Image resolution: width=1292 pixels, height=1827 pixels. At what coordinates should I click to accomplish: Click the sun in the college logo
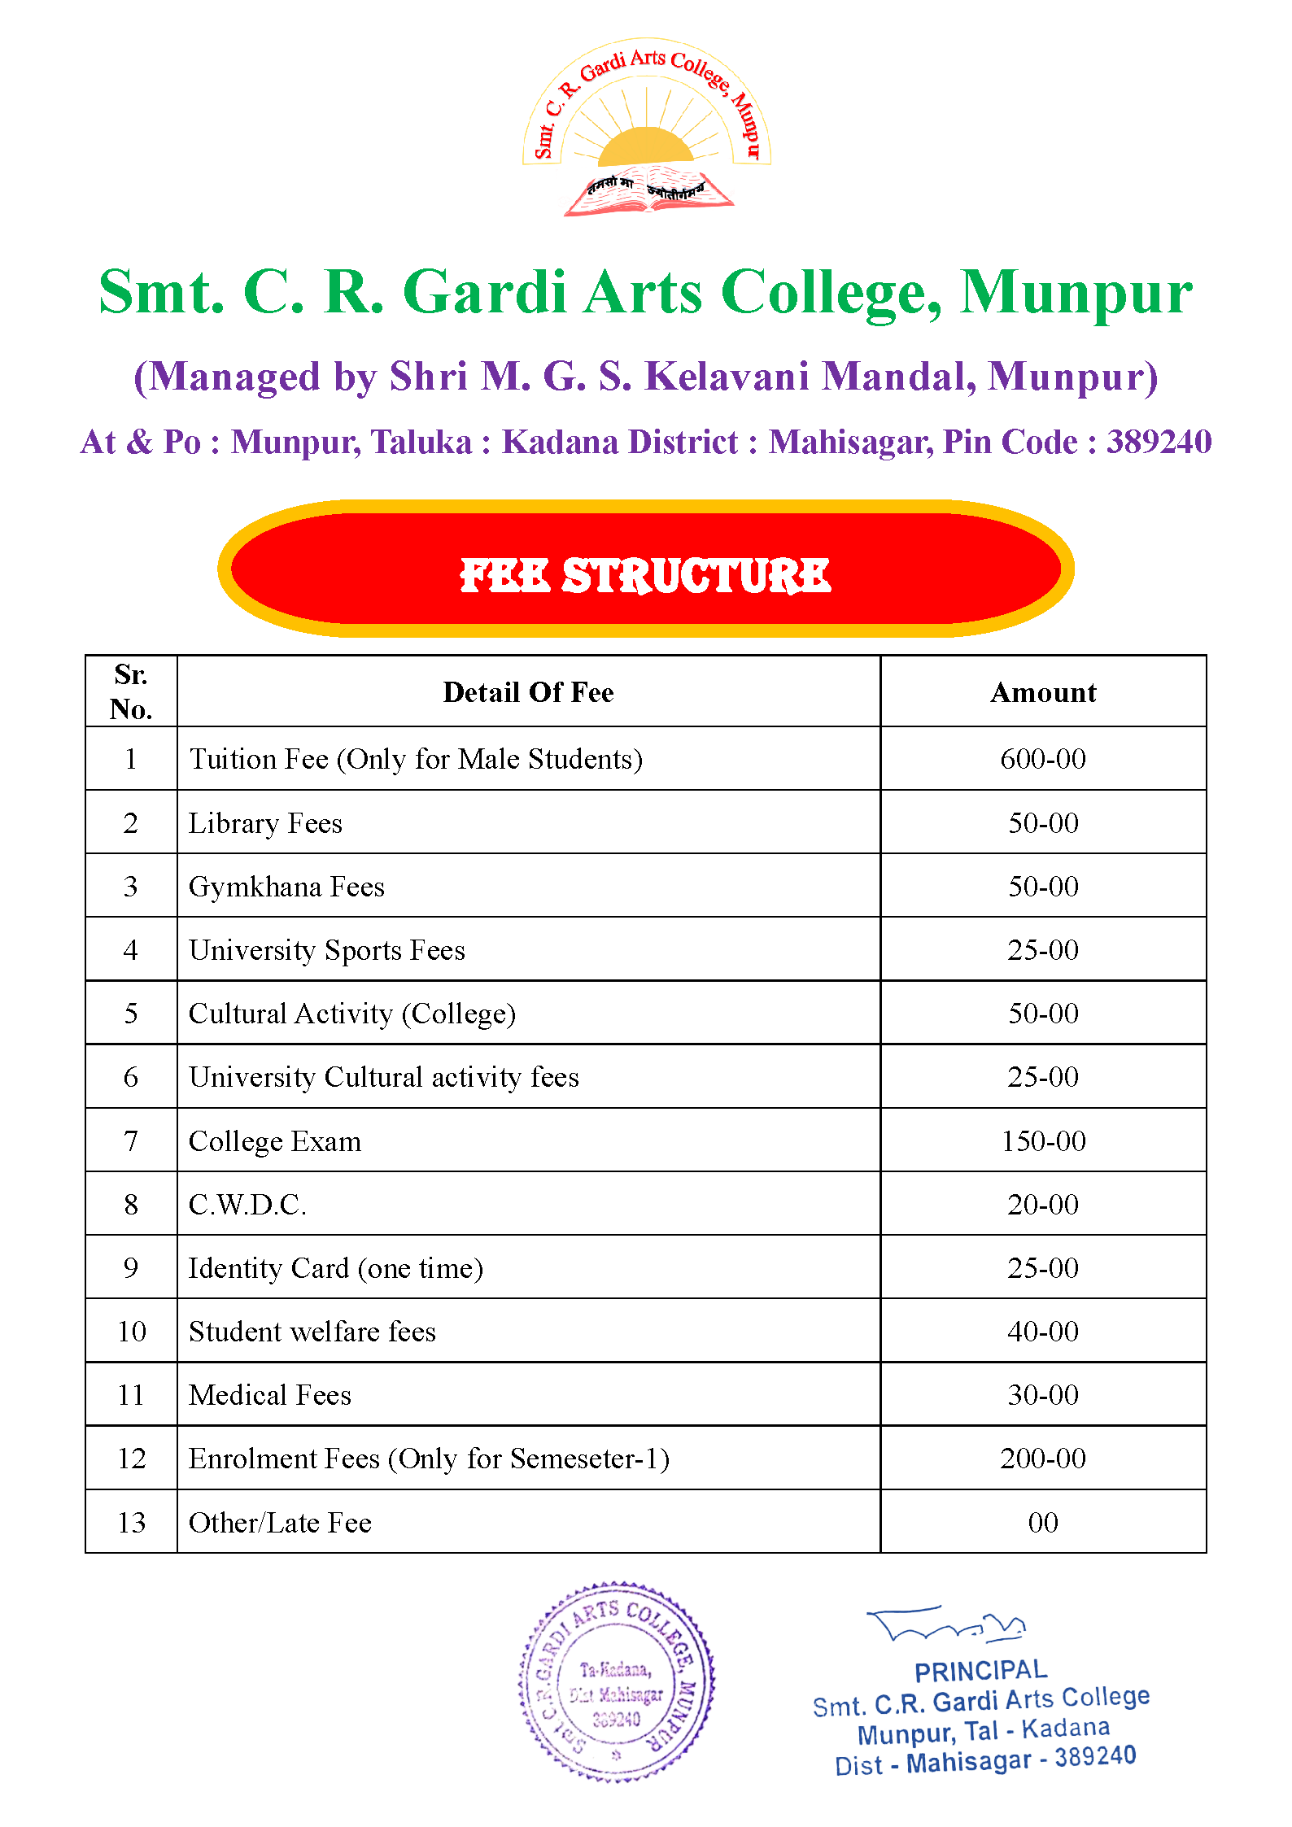645,146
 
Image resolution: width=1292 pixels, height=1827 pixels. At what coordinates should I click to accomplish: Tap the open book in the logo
648,193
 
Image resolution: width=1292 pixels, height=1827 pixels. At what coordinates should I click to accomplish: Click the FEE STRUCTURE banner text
645,575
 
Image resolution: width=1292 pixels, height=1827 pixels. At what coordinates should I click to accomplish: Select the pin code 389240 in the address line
1159,443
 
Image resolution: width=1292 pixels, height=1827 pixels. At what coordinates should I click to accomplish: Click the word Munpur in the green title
1076,293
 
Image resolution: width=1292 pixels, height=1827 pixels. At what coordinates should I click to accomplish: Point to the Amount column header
1043,692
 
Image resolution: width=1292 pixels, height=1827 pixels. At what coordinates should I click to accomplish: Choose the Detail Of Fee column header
528,692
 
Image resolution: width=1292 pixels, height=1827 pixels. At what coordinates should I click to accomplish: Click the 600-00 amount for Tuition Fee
1043,759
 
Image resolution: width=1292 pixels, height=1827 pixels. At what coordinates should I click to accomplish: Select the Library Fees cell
265,823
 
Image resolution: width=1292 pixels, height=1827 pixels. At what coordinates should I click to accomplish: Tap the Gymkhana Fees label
286,887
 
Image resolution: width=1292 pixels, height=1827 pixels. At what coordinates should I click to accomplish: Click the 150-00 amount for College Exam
1043,1141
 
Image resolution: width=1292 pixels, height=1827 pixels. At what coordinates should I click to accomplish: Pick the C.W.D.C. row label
247,1205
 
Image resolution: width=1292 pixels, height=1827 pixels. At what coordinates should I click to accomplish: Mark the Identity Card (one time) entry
335,1268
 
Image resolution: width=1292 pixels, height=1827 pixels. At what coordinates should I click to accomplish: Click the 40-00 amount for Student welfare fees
1043,1332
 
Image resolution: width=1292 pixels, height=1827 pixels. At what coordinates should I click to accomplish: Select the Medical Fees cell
270,1395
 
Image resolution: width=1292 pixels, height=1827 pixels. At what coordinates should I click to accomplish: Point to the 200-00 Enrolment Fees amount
1043,1459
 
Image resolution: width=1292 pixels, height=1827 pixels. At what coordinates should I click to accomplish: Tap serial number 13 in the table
131,1523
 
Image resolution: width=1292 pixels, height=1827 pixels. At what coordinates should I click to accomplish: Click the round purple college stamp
616,1682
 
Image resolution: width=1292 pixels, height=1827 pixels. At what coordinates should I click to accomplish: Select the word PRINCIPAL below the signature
980,1671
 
